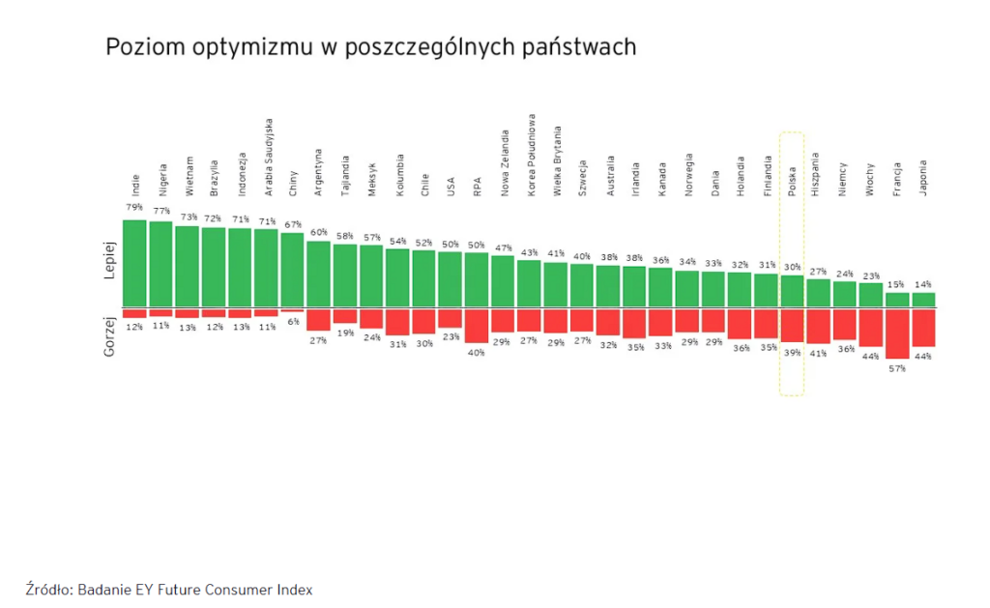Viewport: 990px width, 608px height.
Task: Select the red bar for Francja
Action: tap(897, 333)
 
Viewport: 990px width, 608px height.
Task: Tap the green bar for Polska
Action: tap(792, 291)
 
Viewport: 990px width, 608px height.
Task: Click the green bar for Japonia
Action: tap(923, 300)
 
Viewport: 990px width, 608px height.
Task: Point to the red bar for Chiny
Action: tap(292, 311)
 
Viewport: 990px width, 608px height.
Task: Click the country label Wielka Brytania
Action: tap(557, 160)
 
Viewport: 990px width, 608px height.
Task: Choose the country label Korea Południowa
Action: tap(530, 155)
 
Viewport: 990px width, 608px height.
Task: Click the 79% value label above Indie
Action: tap(134, 208)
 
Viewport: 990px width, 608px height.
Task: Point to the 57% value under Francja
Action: tap(897, 368)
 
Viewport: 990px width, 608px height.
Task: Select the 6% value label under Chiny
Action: tap(292, 322)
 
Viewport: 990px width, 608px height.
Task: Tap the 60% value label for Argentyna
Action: tap(318, 232)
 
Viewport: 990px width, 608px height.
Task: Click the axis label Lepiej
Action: tap(109, 261)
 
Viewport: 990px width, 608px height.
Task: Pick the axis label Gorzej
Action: tap(109, 335)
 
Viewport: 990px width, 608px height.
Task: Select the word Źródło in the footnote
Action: tap(47, 589)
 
